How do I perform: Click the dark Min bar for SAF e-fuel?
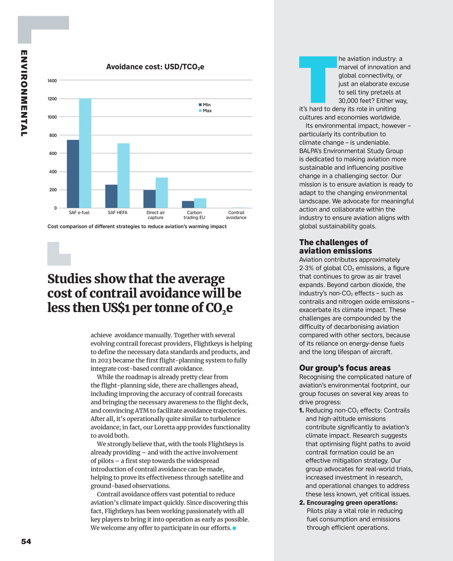[73, 174]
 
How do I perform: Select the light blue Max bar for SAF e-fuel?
[85, 153]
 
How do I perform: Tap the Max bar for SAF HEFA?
[123, 176]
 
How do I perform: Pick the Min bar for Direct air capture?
[150, 199]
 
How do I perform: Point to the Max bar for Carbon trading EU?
[200, 203]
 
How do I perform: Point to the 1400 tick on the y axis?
[52, 81]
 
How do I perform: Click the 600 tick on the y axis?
[52, 154]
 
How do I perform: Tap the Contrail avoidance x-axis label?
[236, 215]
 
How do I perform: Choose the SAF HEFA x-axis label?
[117, 213]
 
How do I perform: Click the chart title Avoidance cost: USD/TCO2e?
[155, 67]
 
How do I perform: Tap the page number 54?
[26, 542]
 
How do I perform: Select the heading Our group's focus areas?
[345, 368]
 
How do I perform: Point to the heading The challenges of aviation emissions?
[335, 246]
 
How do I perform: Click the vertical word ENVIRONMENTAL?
[24, 93]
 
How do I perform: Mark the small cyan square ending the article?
[234, 528]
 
